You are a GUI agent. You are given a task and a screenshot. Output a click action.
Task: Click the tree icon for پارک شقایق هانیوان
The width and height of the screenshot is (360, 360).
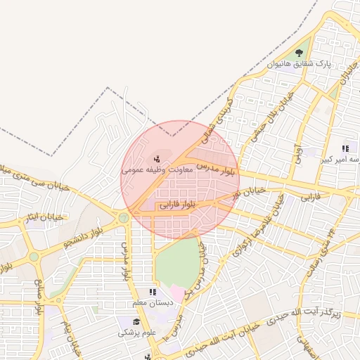(300, 53)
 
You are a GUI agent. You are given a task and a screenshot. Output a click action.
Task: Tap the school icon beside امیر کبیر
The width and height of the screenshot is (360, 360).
(345, 148)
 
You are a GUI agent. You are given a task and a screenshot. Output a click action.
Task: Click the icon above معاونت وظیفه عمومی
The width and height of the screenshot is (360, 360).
(157, 157)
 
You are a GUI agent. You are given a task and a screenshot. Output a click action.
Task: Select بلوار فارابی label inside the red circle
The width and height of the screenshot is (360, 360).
(179, 205)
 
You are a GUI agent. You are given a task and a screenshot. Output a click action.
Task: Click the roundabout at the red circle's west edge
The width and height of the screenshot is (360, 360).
(124, 217)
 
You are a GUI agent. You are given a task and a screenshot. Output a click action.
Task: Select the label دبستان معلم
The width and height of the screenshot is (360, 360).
(153, 303)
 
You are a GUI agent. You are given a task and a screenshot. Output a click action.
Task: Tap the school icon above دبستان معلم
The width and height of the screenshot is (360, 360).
(152, 292)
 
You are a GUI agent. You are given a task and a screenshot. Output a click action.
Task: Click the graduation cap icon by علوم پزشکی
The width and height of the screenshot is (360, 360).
(124, 321)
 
